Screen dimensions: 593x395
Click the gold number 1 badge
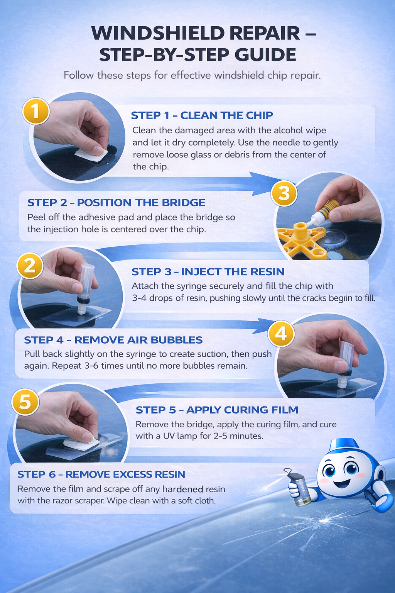[35, 112]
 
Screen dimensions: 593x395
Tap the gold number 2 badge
[30, 266]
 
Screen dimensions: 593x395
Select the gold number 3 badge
[284, 193]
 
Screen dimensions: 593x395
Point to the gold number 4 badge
[281, 333]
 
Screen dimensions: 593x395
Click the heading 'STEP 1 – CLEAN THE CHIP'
[202, 115]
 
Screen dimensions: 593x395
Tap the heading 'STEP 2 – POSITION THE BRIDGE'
[116, 203]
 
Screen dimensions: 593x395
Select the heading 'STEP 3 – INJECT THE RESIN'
[208, 272]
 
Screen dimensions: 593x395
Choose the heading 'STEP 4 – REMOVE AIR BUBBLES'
[113, 340]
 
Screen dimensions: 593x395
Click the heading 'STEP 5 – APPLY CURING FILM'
[217, 410]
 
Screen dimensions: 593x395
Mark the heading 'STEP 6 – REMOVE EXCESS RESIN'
[101, 474]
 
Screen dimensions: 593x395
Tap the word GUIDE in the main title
[265, 55]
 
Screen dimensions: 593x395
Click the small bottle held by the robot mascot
[300, 490]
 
